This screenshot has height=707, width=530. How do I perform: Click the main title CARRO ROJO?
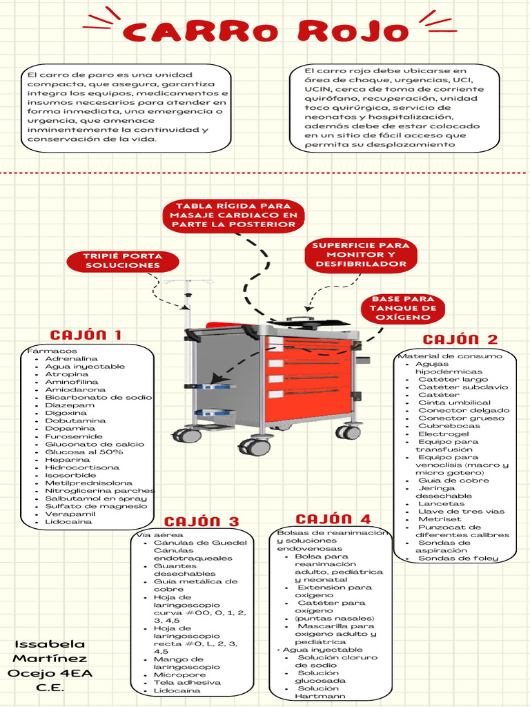(266, 31)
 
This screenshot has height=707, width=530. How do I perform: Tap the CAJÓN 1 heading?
(86, 335)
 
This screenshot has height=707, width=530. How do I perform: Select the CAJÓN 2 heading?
(460, 339)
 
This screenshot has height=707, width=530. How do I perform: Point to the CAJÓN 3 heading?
(202, 521)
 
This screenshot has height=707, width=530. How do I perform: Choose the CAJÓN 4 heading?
(333, 519)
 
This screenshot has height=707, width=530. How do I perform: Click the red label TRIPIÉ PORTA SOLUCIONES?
(123, 261)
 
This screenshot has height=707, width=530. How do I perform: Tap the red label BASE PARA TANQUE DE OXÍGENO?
(404, 308)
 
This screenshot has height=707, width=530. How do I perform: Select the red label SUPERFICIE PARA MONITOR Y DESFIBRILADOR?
(360, 255)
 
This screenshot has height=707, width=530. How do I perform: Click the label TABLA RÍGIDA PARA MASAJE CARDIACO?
(233, 215)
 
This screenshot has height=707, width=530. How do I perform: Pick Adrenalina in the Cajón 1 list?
(71, 359)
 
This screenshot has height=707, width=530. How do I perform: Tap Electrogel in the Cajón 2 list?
(443, 434)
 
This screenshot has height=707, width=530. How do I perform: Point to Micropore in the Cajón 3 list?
(179, 675)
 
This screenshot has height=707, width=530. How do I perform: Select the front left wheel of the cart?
(255, 447)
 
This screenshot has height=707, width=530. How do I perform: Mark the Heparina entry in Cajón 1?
(67, 460)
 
